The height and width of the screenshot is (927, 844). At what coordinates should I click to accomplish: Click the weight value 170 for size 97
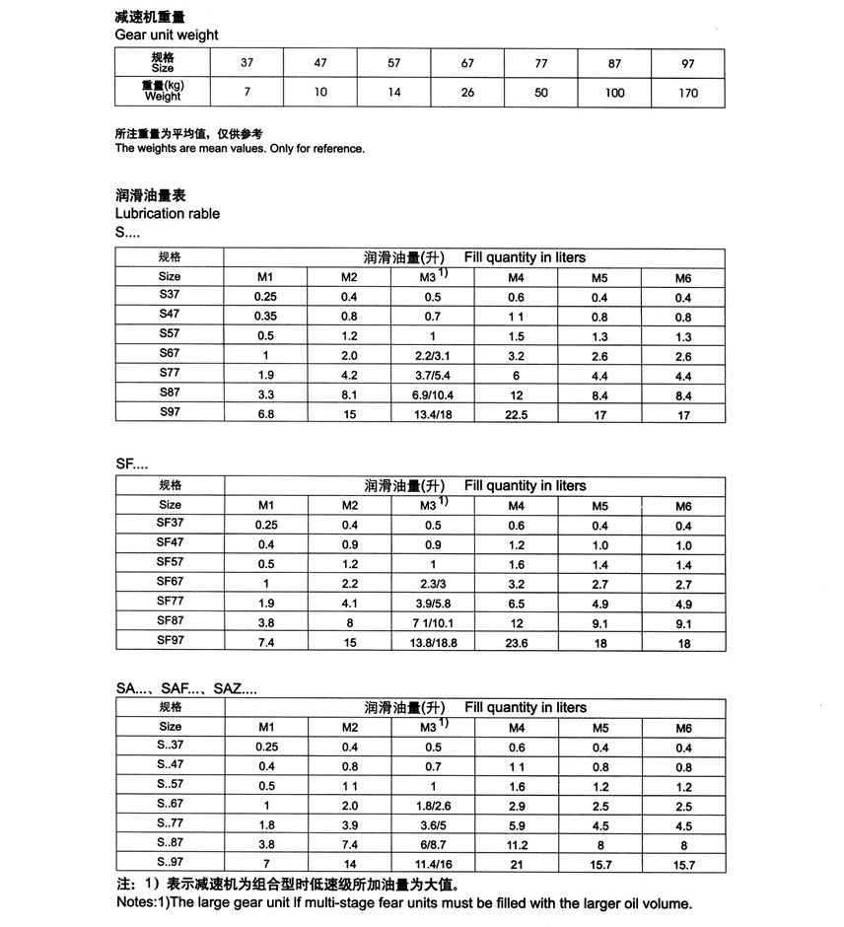[x=688, y=93]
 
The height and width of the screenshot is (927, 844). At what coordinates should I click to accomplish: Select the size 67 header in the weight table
[x=467, y=64]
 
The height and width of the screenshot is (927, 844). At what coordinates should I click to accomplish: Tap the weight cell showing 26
[x=467, y=93]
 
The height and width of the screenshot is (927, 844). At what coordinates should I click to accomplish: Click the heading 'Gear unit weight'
[x=167, y=35]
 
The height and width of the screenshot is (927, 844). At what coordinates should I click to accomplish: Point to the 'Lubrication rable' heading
[x=168, y=214]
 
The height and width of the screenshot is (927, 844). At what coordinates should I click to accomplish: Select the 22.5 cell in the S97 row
[x=517, y=414]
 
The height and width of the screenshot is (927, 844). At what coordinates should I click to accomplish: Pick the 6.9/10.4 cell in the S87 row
[x=433, y=394]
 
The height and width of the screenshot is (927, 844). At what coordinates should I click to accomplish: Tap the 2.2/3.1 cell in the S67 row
[x=433, y=356]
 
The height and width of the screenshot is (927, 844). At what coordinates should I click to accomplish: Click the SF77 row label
[x=170, y=601]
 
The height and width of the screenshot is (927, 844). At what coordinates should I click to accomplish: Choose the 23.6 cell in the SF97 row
[x=517, y=643]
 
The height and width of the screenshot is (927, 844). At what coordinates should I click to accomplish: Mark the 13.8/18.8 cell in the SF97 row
[x=433, y=643]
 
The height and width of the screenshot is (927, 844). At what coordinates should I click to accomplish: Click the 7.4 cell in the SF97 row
[x=265, y=643]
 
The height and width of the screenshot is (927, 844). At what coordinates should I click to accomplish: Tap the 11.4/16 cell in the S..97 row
[x=433, y=865]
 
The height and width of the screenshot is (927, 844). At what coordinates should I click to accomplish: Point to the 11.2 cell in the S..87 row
[x=517, y=845]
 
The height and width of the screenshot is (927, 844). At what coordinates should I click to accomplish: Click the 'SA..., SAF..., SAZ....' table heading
[x=186, y=688]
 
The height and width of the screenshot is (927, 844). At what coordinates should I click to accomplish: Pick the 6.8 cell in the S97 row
[x=265, y=414]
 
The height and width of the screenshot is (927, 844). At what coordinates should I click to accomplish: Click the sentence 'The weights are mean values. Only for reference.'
[x=240, y=149]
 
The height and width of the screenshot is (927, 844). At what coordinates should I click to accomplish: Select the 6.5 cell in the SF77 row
[x=517, y=604]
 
